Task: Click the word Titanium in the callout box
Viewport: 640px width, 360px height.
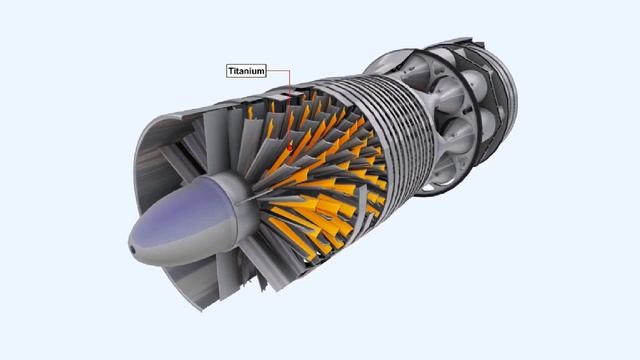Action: point(246,71)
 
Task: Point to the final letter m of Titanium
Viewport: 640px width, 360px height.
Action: point(261,71)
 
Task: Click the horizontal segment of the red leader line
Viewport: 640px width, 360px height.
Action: point(278,71)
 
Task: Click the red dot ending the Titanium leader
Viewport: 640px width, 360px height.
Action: point(290,147)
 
